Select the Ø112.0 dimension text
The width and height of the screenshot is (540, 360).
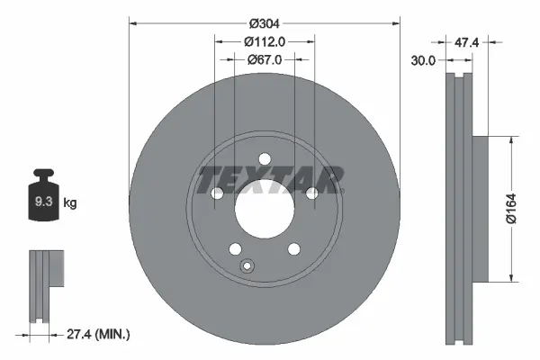pyautogui.click(x=265, y=40)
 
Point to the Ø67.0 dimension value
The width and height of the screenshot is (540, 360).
pyautogui.click(x=265, y=59)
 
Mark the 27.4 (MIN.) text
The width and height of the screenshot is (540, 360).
pyautogui.click(x=99, y=335)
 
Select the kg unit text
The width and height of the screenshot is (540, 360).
pyautogui.click(x=69, y=203)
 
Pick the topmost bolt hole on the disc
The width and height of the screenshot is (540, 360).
pyautogui.click(x=265, y=160)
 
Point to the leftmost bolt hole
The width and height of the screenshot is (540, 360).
pyautogui.click(x=217, y=193)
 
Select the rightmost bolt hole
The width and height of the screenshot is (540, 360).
pyautogui.click(x=312, y=193)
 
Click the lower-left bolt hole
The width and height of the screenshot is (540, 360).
pyautogui.click(x=235, y=249)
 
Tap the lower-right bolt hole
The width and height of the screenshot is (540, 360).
pyautogui.click(x=293, y=249)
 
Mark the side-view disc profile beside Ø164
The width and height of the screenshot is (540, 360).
pyautogui.click(x=461, y=207)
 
